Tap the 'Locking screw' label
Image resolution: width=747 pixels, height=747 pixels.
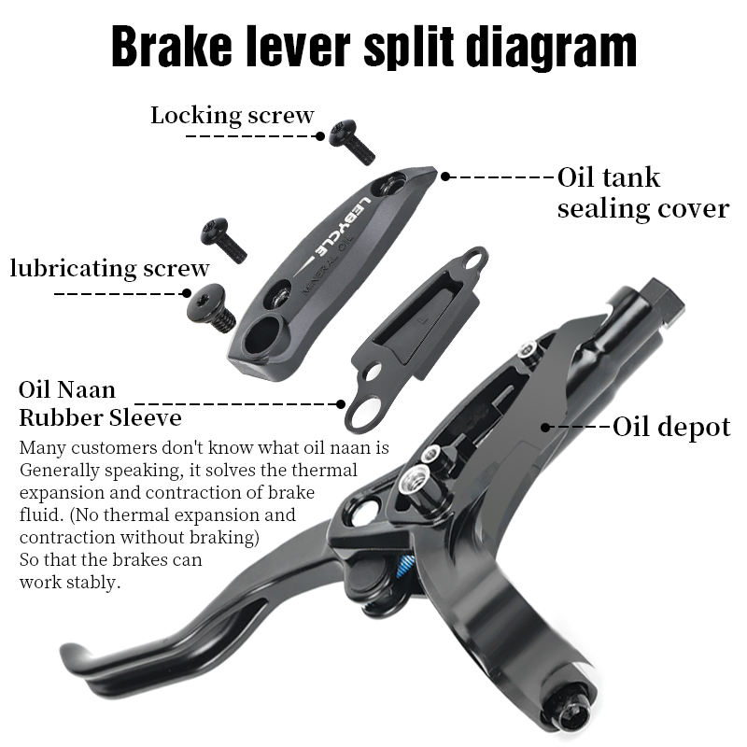[233, 116]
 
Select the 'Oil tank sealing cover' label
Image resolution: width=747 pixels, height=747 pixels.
[642, 192]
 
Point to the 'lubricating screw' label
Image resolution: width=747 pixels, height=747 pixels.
[109, 269]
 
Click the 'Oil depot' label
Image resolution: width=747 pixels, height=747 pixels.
[671, 428]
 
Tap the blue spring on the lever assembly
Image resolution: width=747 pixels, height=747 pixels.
[405, 566]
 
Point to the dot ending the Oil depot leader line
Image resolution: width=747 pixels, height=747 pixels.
[545, 427]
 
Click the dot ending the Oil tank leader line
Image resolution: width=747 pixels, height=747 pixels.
[445, 176]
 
